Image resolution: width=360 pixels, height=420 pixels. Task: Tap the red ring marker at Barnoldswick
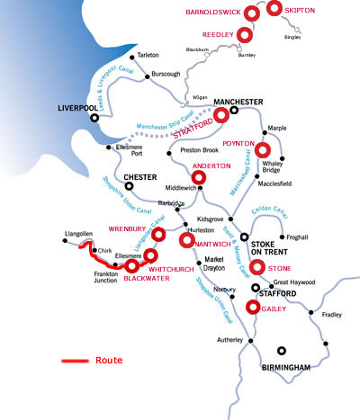click(x=251, y=12)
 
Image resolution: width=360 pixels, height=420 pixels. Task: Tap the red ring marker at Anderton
click(x=200, y=178)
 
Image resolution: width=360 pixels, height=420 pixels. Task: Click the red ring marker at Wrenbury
click(x=158, y=235)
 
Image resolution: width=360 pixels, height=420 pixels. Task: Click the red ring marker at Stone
click(x=257, y=266)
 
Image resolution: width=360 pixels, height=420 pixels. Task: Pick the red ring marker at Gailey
click(x=253, y=307)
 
